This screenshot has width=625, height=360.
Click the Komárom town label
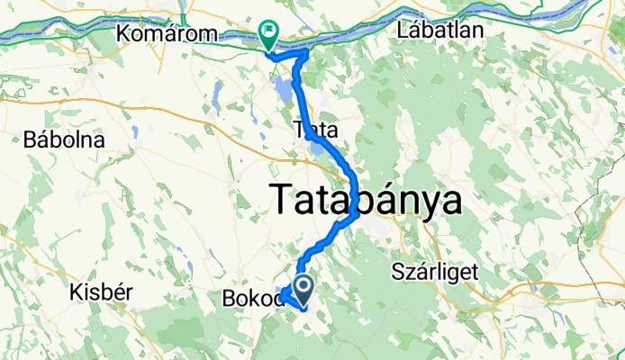pyautogui.click(x=168, y=33)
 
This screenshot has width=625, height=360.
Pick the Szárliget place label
pyautogui.click(x=437, y=271)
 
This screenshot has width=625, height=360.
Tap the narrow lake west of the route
pyautogui.click(x=219, y=92)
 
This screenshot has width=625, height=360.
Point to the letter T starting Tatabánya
pyautogui.click(x=283, y=199)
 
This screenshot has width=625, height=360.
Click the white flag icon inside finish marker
pyautogui.click(x=269, y=32)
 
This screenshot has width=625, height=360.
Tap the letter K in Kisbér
pyautogui.click(x=75, y=292)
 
